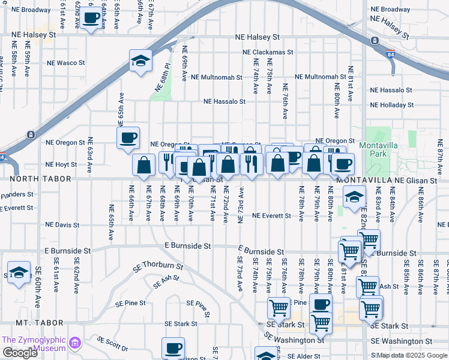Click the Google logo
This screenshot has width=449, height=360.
pos(20,353)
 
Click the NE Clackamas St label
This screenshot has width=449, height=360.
pos(268,52)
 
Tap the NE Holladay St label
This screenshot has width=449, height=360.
pos(392,105)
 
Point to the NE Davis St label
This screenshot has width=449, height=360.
pos(62,225)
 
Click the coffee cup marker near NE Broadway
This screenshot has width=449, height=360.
pos(91,19)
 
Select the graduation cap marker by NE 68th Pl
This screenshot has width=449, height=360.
pos(140,61)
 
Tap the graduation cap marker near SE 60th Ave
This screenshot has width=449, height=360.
pos(19,274)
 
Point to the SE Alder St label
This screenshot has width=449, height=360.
pos(307,356)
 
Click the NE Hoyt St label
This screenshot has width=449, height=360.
pos(62,164)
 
